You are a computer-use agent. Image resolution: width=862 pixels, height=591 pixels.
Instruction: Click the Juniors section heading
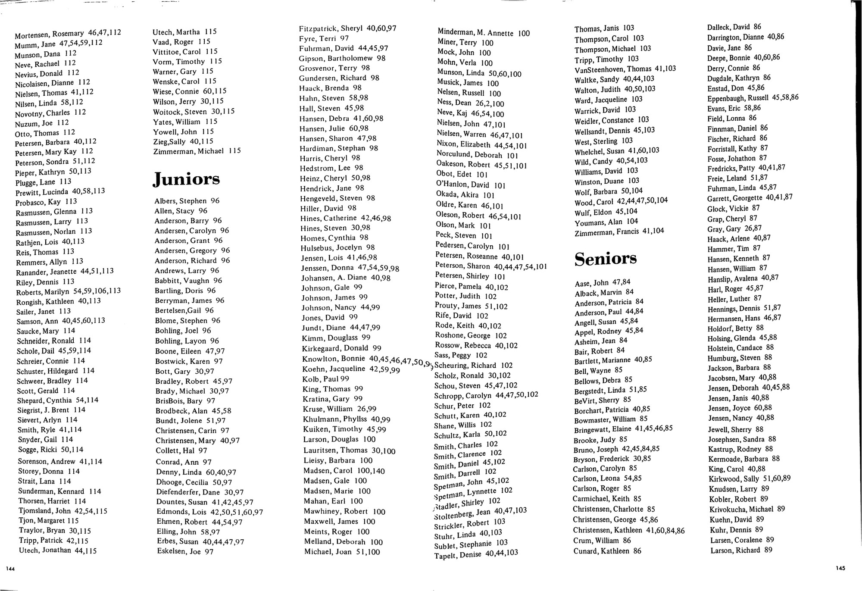[x=186, y=179]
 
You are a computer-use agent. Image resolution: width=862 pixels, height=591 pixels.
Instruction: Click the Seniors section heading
[x=605, y=259]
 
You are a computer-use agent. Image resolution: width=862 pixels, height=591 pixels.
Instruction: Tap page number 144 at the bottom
[x=10, y=569]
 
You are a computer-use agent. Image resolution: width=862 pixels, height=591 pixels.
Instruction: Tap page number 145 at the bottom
[x=840, y=569]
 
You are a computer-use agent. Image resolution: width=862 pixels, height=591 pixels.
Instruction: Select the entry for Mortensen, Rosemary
[x=68, y=33]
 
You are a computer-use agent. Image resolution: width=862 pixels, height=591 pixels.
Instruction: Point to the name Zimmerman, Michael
[x=197, y=151]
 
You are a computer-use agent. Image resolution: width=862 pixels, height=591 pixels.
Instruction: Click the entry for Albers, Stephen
[x=187, y=201]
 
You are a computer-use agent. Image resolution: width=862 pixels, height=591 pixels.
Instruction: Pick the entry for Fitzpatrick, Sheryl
[x=347, y=28]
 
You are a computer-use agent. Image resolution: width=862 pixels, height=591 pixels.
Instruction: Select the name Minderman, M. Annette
[x=484, y=33]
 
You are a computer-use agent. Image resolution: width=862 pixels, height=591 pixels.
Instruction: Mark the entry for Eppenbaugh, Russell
[x=753, y=98]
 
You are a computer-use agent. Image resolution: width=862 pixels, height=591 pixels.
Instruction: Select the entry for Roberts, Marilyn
[x=69, y=291]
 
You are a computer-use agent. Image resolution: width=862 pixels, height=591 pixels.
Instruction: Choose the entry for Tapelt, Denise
[x=476, y=554]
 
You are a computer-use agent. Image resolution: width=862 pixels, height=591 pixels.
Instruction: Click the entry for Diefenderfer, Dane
[x=200, y=492]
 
